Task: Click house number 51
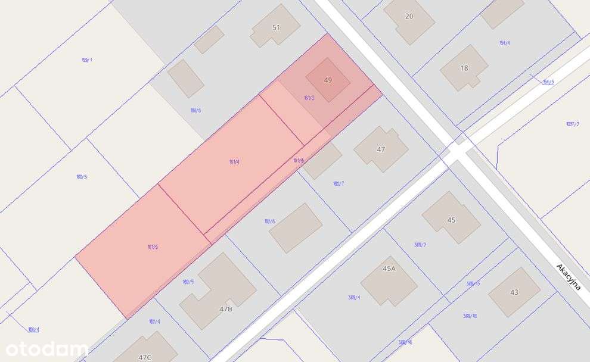pos(276,27)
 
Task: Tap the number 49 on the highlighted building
pos(328,80)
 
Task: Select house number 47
pos(381,149)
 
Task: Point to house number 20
pos(409,16)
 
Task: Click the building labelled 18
pos(464,68)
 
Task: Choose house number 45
pos(451,220)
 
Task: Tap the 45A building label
pos(389,269)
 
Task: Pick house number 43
pos(514,292)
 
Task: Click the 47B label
pos(226,309)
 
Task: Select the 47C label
pos(145,357)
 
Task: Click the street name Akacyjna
pos(568,276)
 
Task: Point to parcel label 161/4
pos(234,161)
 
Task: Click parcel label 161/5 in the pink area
pos(153,246)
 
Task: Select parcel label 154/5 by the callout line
pos(548,82)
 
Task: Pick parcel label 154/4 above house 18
pos(505,43)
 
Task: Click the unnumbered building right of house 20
pos(502,12)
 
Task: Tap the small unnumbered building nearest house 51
pos(209,39)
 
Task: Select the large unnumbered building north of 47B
pos(296,227)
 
